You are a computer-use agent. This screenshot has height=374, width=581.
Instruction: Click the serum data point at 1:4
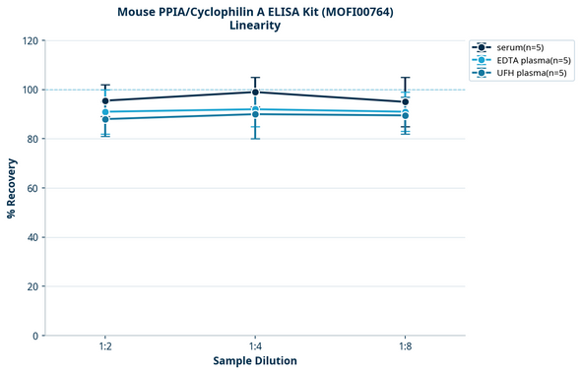(255, 93)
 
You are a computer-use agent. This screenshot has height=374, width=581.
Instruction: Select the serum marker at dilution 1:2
(105, 100)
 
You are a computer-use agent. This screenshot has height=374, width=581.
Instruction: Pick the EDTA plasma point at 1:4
(255, 109)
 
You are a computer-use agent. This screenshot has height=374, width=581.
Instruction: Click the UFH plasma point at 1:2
(105, 119)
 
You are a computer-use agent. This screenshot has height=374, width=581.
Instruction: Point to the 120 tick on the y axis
(29, 40)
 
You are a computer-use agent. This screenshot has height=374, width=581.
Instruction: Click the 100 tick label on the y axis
(29, 90)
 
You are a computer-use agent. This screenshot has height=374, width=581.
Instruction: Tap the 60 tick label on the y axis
(32, 188)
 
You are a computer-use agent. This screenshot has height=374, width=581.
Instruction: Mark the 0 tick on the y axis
(34, 336)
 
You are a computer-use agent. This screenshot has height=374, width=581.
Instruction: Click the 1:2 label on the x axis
(105, 346)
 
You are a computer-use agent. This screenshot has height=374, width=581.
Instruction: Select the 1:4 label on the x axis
(255, 346)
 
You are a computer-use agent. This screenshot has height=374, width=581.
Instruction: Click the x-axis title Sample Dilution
(255, 361)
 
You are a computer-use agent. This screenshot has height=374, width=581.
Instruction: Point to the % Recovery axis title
(12, 187)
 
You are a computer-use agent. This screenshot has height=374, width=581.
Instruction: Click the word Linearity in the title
(255, 26)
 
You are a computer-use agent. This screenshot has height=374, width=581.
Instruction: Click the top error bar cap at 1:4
(255, 78)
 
